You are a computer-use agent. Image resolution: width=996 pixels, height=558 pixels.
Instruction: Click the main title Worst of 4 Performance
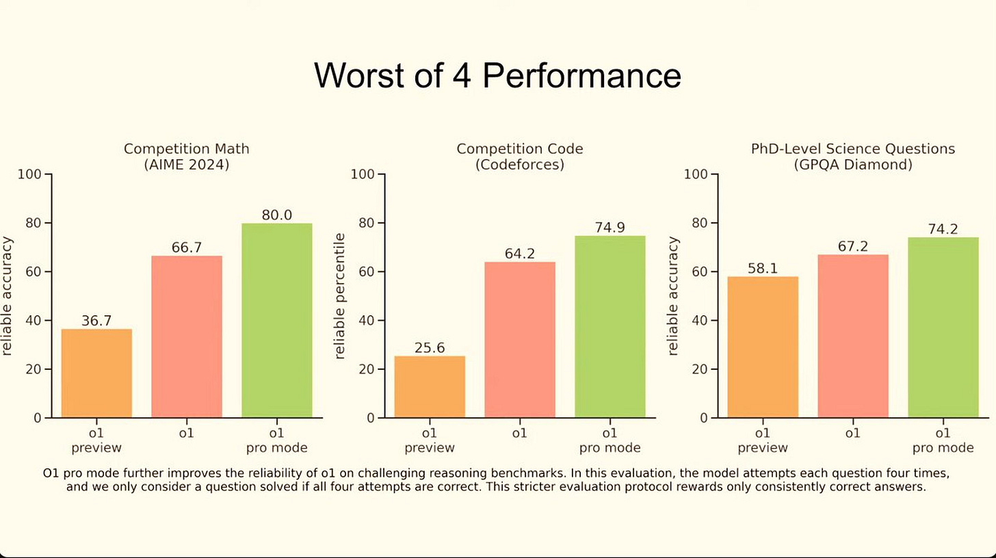(x=497, y=75)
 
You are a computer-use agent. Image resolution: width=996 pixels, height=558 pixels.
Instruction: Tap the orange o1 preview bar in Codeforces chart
(x=430, y=386)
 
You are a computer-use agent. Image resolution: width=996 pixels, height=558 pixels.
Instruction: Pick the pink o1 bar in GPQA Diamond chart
(x=852, y=336)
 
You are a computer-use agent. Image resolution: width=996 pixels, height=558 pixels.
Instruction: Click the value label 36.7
(x=96, y=320)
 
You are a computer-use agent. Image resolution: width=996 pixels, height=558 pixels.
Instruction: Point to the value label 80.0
(x=276, y=215)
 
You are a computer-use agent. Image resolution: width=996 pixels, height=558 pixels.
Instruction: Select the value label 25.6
(x=430, y=347)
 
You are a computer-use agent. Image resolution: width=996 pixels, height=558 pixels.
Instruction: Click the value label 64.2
(x=520, y=254)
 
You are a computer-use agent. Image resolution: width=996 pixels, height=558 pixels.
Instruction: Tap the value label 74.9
(x=610, y=228)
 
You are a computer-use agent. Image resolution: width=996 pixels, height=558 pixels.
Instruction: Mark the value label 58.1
(x=762, y=268)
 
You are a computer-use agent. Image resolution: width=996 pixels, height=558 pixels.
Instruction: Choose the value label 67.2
(x=852, y=246)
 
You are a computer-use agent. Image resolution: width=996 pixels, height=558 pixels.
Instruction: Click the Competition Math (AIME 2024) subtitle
(x=186, y=157)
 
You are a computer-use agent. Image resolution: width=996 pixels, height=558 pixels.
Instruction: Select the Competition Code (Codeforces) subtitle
(x=520, y=157)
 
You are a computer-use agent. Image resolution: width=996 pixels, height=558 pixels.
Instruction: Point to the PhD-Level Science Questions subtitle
(x=852, y=148)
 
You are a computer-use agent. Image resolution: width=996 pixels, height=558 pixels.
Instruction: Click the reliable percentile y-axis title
(x=340, y=296)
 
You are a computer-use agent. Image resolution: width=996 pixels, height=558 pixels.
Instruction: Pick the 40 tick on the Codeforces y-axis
(x=367, y=321)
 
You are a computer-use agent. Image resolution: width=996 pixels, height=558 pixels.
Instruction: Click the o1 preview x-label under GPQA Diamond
(x=762, y=440)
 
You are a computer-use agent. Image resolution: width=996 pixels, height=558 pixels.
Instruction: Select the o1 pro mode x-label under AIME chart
(x=276, y=440)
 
